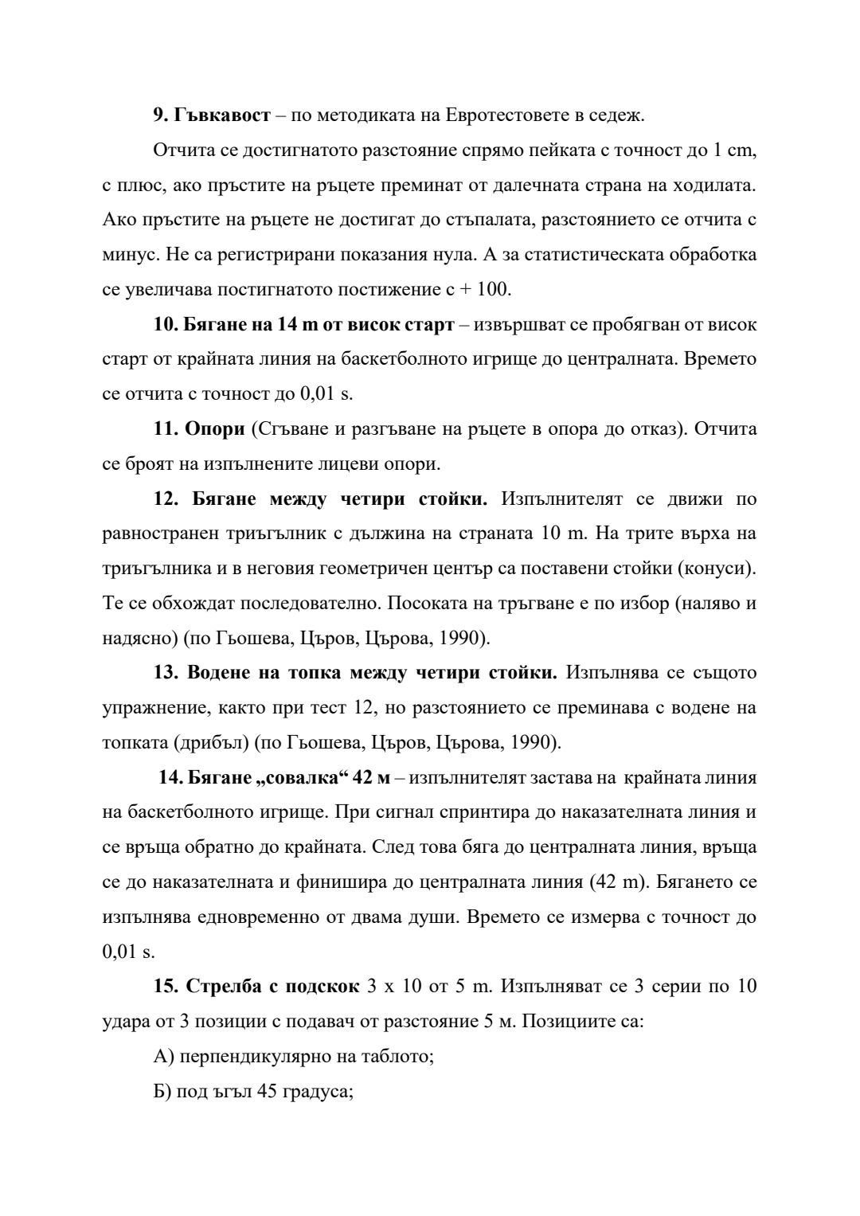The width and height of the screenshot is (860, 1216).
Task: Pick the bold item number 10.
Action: click(x=166, y=324)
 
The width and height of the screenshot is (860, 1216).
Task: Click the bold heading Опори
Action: click(x=214, y=428)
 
